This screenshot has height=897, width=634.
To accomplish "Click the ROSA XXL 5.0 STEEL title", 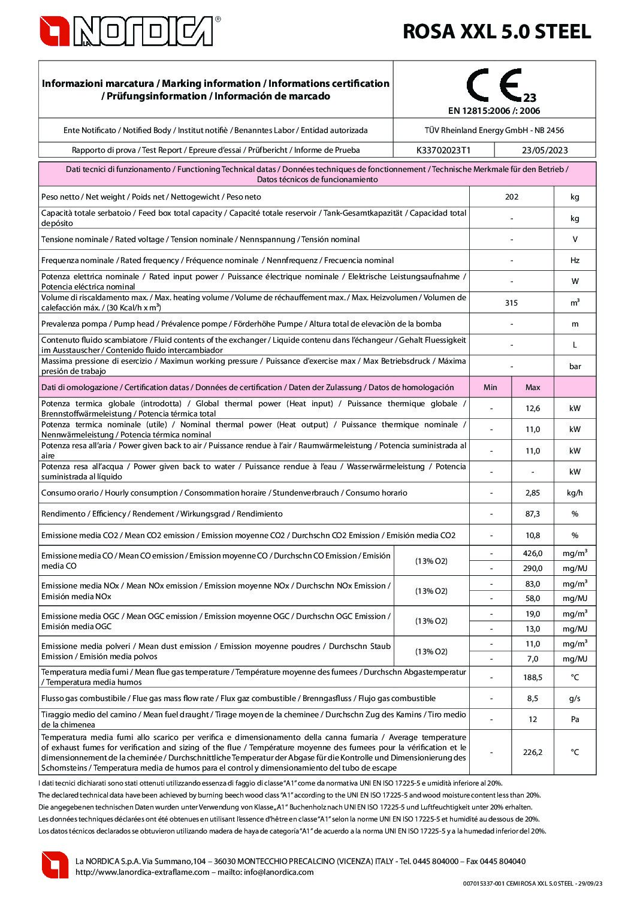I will [497, 31].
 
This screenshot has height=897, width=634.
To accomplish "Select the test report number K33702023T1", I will [443, 150].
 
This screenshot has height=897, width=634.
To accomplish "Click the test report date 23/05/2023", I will [545, 150].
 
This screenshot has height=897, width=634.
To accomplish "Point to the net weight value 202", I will [511, 197].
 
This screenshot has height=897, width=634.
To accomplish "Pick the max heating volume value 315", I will [511, 303].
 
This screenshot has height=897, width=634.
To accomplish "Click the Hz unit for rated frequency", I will [575, 261].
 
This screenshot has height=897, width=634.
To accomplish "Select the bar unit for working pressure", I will [575, 366].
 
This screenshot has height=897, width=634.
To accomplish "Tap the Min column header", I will [490, 387].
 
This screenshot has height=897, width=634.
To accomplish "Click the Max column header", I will [532, 387].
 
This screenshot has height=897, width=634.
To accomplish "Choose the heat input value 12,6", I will [532, 409].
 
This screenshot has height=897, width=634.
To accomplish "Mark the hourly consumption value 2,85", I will [532, 493].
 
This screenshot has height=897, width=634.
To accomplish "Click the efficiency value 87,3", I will [532, 514].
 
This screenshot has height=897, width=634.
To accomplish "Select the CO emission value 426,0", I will [532, 554].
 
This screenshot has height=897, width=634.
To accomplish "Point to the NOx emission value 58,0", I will [532, 598].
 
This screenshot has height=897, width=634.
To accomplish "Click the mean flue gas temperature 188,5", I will [532, 677].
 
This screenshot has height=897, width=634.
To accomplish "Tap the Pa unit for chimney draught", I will [575, 719].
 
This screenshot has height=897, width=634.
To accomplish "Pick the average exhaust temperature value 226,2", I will [532, 753].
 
